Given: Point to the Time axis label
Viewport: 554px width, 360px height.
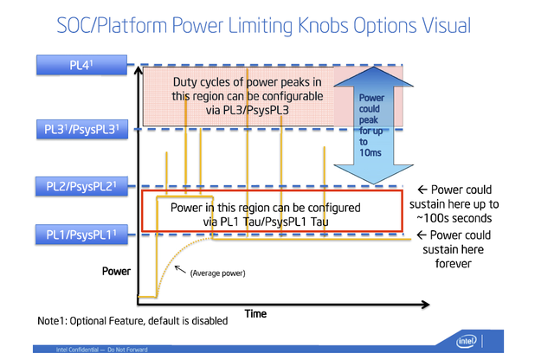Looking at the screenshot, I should coord(254,312).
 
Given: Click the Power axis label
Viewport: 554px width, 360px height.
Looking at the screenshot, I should coord(116,271).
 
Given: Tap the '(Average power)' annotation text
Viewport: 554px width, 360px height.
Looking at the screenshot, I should coord(217,273).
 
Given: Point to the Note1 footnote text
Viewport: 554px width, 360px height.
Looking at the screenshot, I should coord(132,321).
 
